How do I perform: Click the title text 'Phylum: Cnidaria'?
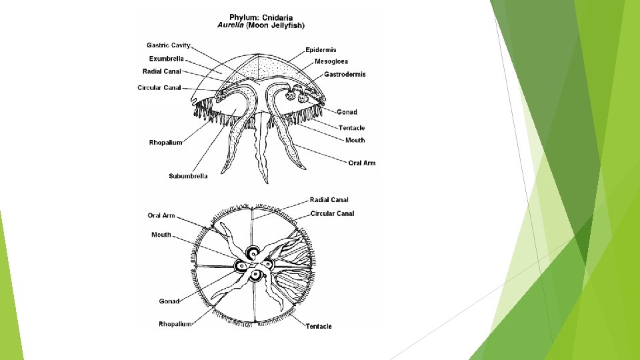pyautogui.click(x=261, y=17)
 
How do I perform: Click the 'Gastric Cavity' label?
pyautogui.click(x=168, y=45)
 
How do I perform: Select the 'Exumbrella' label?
pyautogui.click(x=166, y=59)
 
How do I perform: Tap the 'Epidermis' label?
pyautogui.click(x=321, y=50)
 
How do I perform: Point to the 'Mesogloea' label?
pyautogui.click(x=331, y=62)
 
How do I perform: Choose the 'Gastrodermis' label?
pyautogui.click(x=344, y=75)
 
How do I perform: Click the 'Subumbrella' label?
pyautogui.click(x=188, y=176)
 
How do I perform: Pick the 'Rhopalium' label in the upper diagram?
pyautogui.click(x=165, y=143)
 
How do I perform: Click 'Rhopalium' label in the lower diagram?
pyautogui.click(x=175, y=324)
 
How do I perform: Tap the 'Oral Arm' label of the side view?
pyautogui.click(x=361, y=163)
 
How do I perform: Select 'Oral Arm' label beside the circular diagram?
pyautogui.click(x=161, y=215)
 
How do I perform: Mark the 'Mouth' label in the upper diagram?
pyautogui.click(x=355, y=140)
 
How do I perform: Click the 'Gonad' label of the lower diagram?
pyautogui.click(x=169, y=301)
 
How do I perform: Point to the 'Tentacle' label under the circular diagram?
pyautogui.click(x=318, y=326)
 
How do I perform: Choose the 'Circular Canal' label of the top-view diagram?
pyautogui.click(x=332, y=213)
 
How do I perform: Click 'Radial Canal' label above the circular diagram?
pyautogui.click(x=329, y=199)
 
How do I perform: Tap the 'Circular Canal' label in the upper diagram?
pyautogui.click(x=159, y=87)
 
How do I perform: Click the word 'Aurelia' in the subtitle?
pyautogui.click(x=231, y=25)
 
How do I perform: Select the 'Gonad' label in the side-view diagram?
pyautogui.click(x=347, y=112)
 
